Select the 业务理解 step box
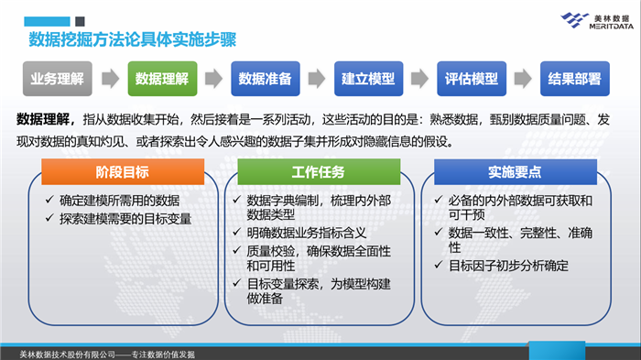pos(57,79)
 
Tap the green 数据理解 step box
pos(161,79)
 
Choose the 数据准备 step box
pos(265,79)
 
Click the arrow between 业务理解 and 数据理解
pos(109,79)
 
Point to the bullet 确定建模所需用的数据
pos(124,200)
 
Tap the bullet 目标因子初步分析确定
pos(508,266)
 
